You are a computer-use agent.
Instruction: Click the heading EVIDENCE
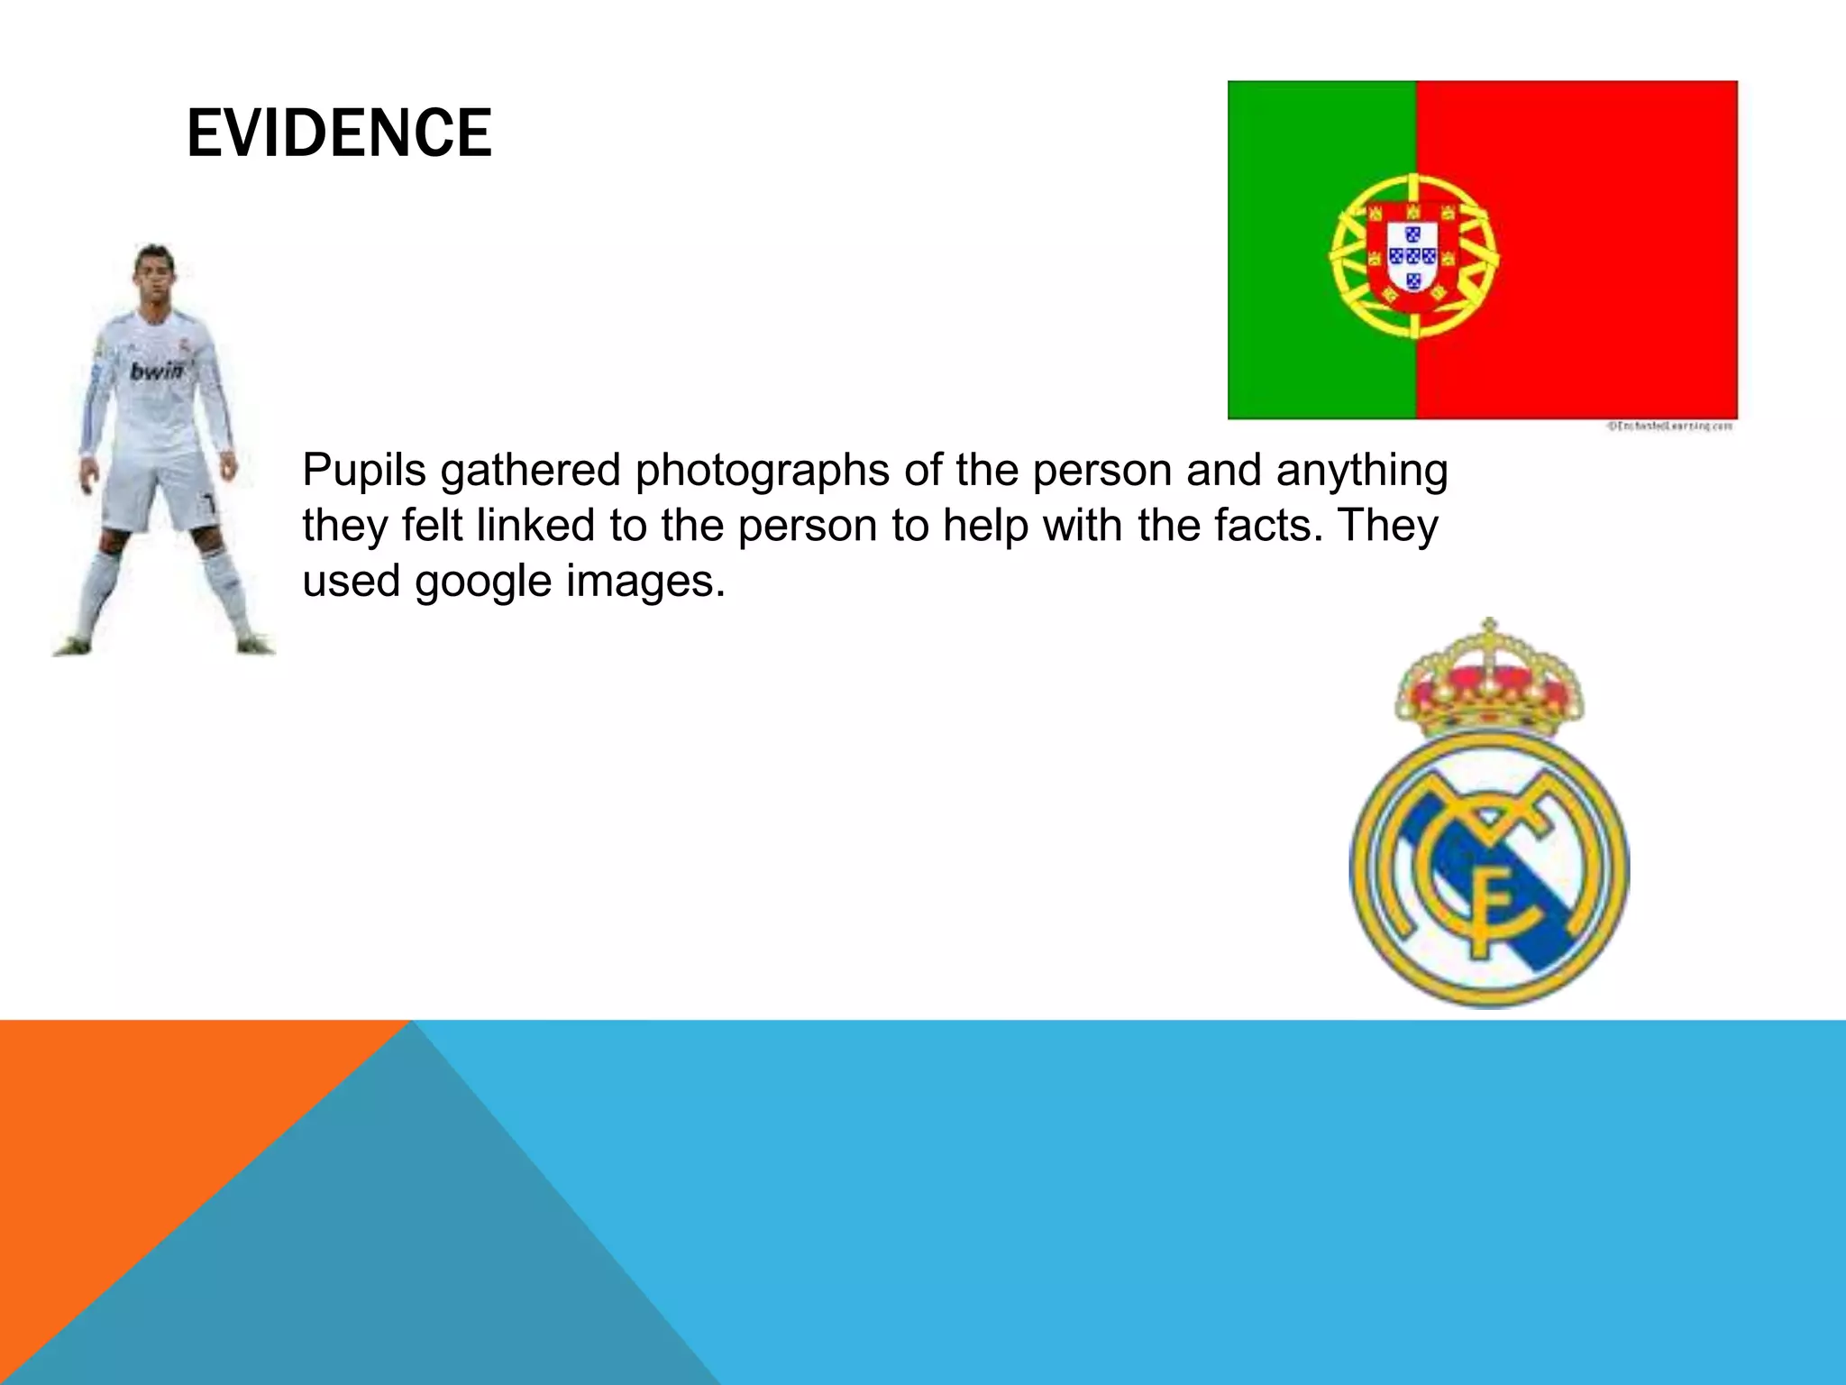click(339, 133)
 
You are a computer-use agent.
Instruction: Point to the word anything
click(1362, 471)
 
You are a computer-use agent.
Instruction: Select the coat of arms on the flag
click(1412, 256)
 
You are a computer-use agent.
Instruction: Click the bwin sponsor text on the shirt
click(157, 371)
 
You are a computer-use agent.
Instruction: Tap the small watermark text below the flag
click(1669, 427)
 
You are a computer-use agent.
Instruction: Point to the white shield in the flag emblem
click(1412, 257)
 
